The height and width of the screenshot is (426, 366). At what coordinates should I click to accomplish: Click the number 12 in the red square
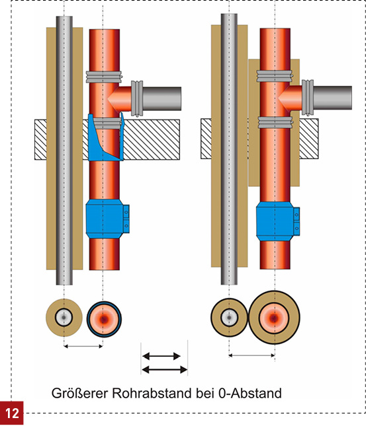pyautogui.click(x=12, y=413)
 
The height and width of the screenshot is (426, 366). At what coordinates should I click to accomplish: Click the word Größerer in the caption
pyautogui.click(x=80, y=393)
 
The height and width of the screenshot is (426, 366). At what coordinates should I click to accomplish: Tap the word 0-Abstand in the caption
pyautogui.click(x=250, y=393)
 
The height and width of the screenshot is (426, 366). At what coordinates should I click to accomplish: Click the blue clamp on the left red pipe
pyautogui.click(x=108, y=219)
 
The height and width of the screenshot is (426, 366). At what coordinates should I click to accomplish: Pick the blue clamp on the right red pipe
pyautogui.click(x=278, y=221)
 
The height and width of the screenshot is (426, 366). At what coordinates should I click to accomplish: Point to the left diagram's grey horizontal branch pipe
pyautogui.click(x=161, y=98)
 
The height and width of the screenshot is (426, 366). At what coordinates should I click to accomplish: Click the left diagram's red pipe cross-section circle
pyautogui.click(x=104, y=319)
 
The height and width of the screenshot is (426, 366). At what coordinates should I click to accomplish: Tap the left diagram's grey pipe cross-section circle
pyautogui.click(x=64, y=317)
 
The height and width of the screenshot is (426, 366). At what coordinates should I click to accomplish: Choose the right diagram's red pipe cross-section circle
pyautogui.click(x=275, y=317)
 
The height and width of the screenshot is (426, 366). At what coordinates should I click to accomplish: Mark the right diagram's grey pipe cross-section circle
pyautogui.click(x=229, y=317)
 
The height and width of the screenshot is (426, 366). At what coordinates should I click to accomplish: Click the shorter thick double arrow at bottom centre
pyautogui.click(x=161, y=356)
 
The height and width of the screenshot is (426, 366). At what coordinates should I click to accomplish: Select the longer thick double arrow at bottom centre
pyautogui.click(x=165, y=369)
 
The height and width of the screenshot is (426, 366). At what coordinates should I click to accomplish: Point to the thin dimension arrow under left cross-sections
pyautogui.click(x=83, y=346)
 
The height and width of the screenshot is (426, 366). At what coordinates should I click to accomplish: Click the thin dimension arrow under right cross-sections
pyautogui.click(x=252, y=355)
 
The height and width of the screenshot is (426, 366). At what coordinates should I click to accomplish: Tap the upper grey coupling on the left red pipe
pyautogui.click(x=104, y=77)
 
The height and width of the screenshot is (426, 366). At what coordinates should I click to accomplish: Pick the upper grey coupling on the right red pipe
pyautogui.click(x=275, y=76)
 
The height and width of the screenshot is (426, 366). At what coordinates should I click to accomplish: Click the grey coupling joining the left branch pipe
pyautogui.click(x=137, y=98)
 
